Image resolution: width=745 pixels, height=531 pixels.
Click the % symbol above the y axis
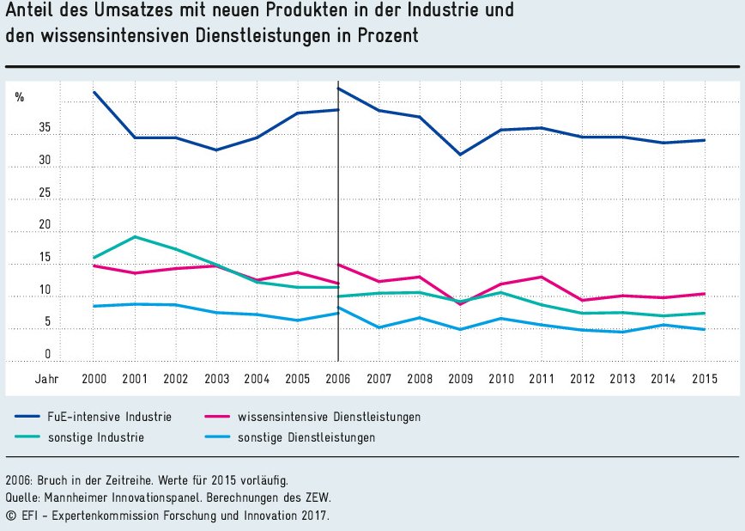click(19, 97)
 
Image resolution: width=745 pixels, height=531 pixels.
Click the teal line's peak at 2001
click(135, 236)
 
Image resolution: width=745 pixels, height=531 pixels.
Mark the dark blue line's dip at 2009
click(461, 155)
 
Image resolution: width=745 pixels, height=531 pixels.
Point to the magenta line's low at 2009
click(461, 304)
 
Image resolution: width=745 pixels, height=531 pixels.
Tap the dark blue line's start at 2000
click(94, 92)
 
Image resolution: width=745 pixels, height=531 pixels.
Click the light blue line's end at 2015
click(705, 329)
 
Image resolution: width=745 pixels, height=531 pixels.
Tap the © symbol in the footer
click(10, 516)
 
